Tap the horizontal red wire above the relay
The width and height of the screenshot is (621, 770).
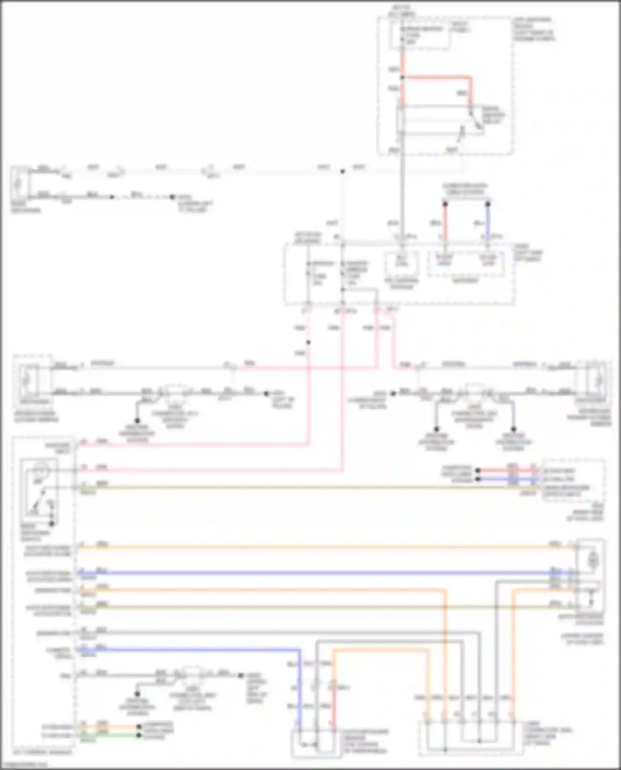[437, 77]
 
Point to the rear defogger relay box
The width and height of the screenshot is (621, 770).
[440, 120]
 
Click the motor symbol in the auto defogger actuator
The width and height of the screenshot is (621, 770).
[593, 560]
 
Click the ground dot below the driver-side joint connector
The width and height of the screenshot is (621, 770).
[137, 421]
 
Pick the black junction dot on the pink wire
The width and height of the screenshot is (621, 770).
[308, 343]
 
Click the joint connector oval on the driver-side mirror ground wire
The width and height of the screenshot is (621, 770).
[175, 392]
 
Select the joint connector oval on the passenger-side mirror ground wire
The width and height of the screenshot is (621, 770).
[475, 392]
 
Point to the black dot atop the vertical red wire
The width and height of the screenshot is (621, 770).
[445, 204]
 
